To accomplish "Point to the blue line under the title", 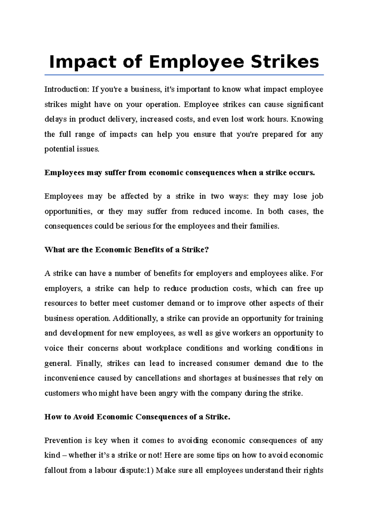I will click(184, 75).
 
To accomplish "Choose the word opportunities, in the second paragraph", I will click(68, 211).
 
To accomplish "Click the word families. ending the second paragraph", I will click(264, 226).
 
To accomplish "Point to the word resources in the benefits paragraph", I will click(61, 303).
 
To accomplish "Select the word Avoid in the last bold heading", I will click(83, 417).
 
